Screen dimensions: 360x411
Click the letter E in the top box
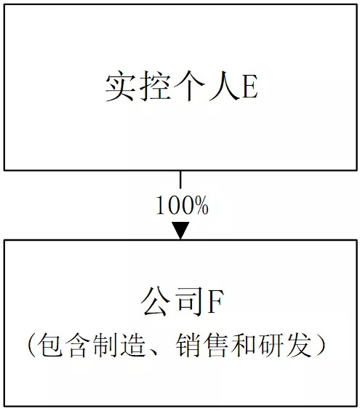tap(250, 86)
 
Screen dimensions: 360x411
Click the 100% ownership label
tap(183, 205)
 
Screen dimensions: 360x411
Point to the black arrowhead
tap(180, 230)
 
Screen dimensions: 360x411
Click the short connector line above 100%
tap(180, 180)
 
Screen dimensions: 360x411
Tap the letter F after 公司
tap(215, 301)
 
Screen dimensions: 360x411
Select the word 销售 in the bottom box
tap(202, 345)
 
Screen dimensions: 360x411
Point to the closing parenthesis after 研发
tap(321, 346)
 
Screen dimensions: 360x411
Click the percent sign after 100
tap(201, 205)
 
